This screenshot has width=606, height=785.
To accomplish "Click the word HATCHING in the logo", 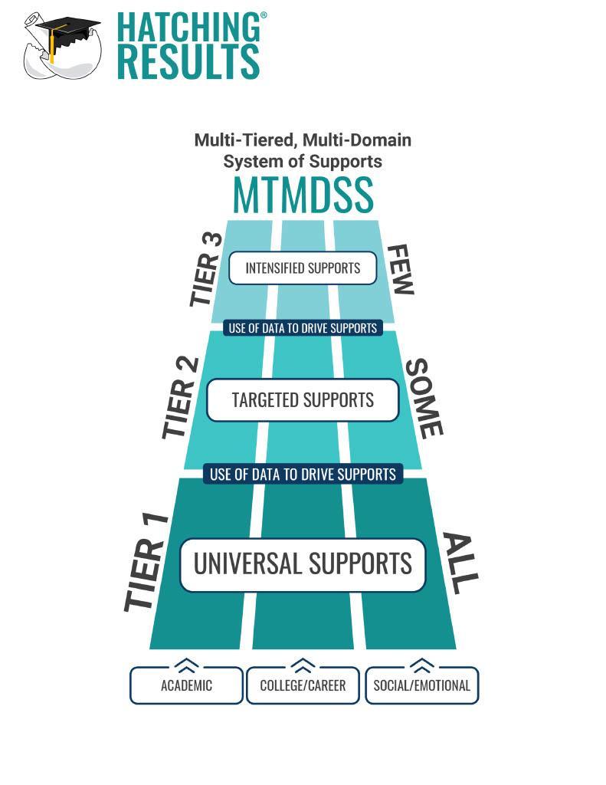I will (x=188, y=28).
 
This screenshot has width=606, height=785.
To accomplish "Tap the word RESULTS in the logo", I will (x=188, y=62).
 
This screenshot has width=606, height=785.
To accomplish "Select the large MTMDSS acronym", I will (x=303, y=195).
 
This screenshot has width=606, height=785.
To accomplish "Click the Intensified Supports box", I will (x=303, y=268).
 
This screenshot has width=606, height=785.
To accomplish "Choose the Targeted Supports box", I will (x=303, y=399).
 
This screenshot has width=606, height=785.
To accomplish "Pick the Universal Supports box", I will (x=303, y=564).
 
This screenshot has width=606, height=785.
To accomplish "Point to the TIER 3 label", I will (x=205, y=270).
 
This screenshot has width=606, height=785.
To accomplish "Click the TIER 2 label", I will (x=181, y=399).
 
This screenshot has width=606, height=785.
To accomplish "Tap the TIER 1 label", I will (x=146, y=564).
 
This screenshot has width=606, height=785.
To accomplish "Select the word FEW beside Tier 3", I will (x=400, y=270).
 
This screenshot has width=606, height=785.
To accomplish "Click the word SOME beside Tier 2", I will (x=424, y=399).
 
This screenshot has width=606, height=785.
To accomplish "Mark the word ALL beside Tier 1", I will (x=460, y=563).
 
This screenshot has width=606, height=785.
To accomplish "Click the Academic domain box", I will (x=186, y=685).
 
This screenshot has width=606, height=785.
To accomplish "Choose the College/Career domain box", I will (x=303, y=685).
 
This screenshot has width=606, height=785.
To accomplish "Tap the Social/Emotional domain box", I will (x=421, y=685).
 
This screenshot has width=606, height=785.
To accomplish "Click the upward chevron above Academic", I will (x=187, y=664).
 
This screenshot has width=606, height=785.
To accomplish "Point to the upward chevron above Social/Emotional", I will (x=421, y=664).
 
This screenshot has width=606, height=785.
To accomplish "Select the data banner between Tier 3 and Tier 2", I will (x=303, y=328).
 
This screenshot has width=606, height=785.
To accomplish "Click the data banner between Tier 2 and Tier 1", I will (x=303, y=474).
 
